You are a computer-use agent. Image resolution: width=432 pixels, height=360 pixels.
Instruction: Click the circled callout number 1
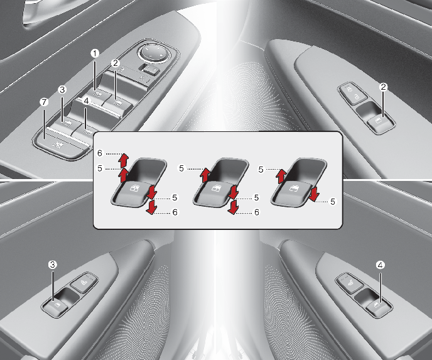click(95, 53)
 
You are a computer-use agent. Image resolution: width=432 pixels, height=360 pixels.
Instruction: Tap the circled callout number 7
click(44, 102)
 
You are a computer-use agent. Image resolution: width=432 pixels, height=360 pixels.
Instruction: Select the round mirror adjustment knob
click(153, 52)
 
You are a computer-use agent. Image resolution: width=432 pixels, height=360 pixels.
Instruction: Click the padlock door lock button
click(353, 94)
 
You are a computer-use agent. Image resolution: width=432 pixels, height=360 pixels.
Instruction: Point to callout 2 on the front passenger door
click(383, 87)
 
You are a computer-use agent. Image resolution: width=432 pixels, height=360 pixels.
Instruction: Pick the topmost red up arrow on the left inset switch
click(124, 159)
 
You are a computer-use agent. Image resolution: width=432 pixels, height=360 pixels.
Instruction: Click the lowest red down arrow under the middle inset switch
click(233, 207)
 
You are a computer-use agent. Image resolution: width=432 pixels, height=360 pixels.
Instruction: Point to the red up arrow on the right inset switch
click(281, 177)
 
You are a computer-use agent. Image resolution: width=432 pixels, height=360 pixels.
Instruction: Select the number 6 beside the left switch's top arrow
click(100, 153)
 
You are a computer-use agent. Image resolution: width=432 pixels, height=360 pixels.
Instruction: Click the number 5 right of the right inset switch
click(333, 202)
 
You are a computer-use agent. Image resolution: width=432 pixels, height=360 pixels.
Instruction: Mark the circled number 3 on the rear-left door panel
click(52, 265)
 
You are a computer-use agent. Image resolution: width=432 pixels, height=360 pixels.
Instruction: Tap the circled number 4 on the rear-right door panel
click(381, 265)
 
